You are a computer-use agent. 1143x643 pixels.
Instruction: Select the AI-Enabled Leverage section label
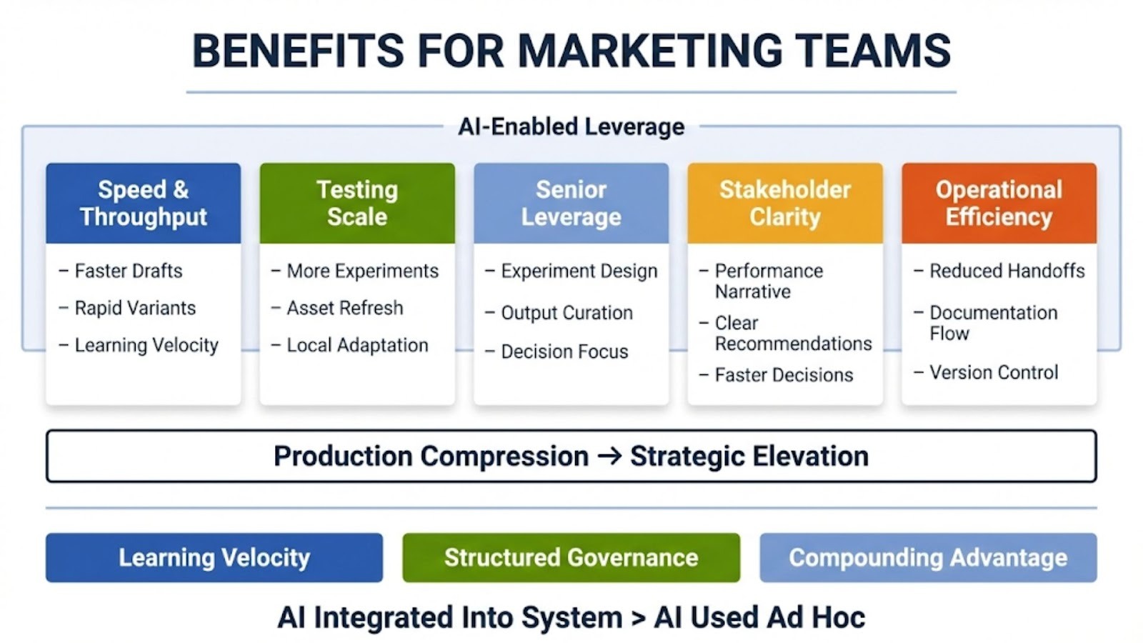point(571,126)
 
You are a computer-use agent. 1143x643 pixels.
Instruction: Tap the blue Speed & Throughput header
point(144,203)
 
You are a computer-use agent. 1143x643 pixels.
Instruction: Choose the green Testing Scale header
point(357,203)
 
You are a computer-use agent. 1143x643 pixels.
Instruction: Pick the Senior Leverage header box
point(571,203)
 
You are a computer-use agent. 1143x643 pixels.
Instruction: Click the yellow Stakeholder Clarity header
point(785,203)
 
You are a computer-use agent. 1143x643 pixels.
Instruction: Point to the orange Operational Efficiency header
point(999,203)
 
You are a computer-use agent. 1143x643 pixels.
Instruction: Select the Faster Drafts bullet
point(121,271)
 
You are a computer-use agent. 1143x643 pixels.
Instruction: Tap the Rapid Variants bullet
point(127,308)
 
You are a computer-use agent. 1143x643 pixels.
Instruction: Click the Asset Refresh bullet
point(337,308)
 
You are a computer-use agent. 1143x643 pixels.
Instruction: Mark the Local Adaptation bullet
point(349,346)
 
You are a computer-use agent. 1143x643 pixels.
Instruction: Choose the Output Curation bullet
point(559,313)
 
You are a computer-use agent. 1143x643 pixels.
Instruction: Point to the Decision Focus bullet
point(556,352)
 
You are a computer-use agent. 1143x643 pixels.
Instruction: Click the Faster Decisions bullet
point(776,375)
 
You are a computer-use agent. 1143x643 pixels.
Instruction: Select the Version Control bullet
point(986,372)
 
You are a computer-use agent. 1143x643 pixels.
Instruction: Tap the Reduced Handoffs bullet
point(999,271)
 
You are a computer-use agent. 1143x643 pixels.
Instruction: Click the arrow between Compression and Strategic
point(609,456)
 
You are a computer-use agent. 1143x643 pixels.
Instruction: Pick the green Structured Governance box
point(571,558)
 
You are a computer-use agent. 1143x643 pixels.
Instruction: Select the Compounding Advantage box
point(928,558)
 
